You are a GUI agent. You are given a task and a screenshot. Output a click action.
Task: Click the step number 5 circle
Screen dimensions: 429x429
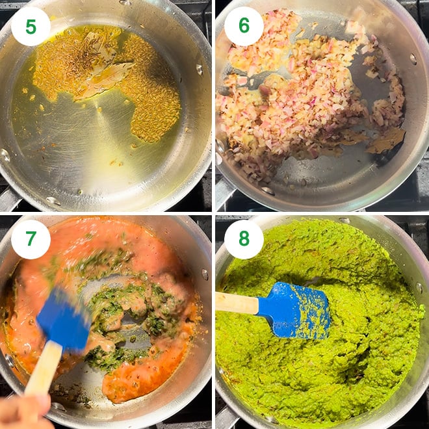pyautogui.click(x=31, y=27)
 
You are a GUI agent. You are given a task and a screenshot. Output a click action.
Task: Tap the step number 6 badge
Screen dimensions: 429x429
pyautogui.click(x=244, y=27)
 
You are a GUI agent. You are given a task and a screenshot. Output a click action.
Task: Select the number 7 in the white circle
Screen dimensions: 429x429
pyautogui.click(x=31, y=239)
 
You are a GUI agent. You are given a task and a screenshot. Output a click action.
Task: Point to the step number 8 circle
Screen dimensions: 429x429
pyautogui.click(x=244, y=239)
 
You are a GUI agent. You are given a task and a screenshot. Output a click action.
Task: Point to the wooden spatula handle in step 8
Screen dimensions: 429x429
pyautogui.click(x=237, y=303)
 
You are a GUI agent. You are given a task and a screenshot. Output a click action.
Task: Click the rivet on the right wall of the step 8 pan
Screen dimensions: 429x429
pyautogui.click(x=419, y=287)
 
